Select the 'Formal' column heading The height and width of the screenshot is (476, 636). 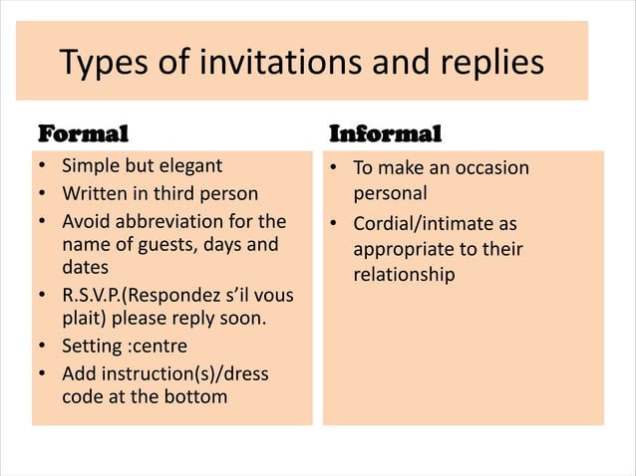pyautogui.click(x=83, y=132)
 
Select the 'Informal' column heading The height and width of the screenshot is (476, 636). pyautogui.click(x=386, y=132)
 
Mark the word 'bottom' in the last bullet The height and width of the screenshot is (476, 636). pyautogui.click(x=199, y=397)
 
